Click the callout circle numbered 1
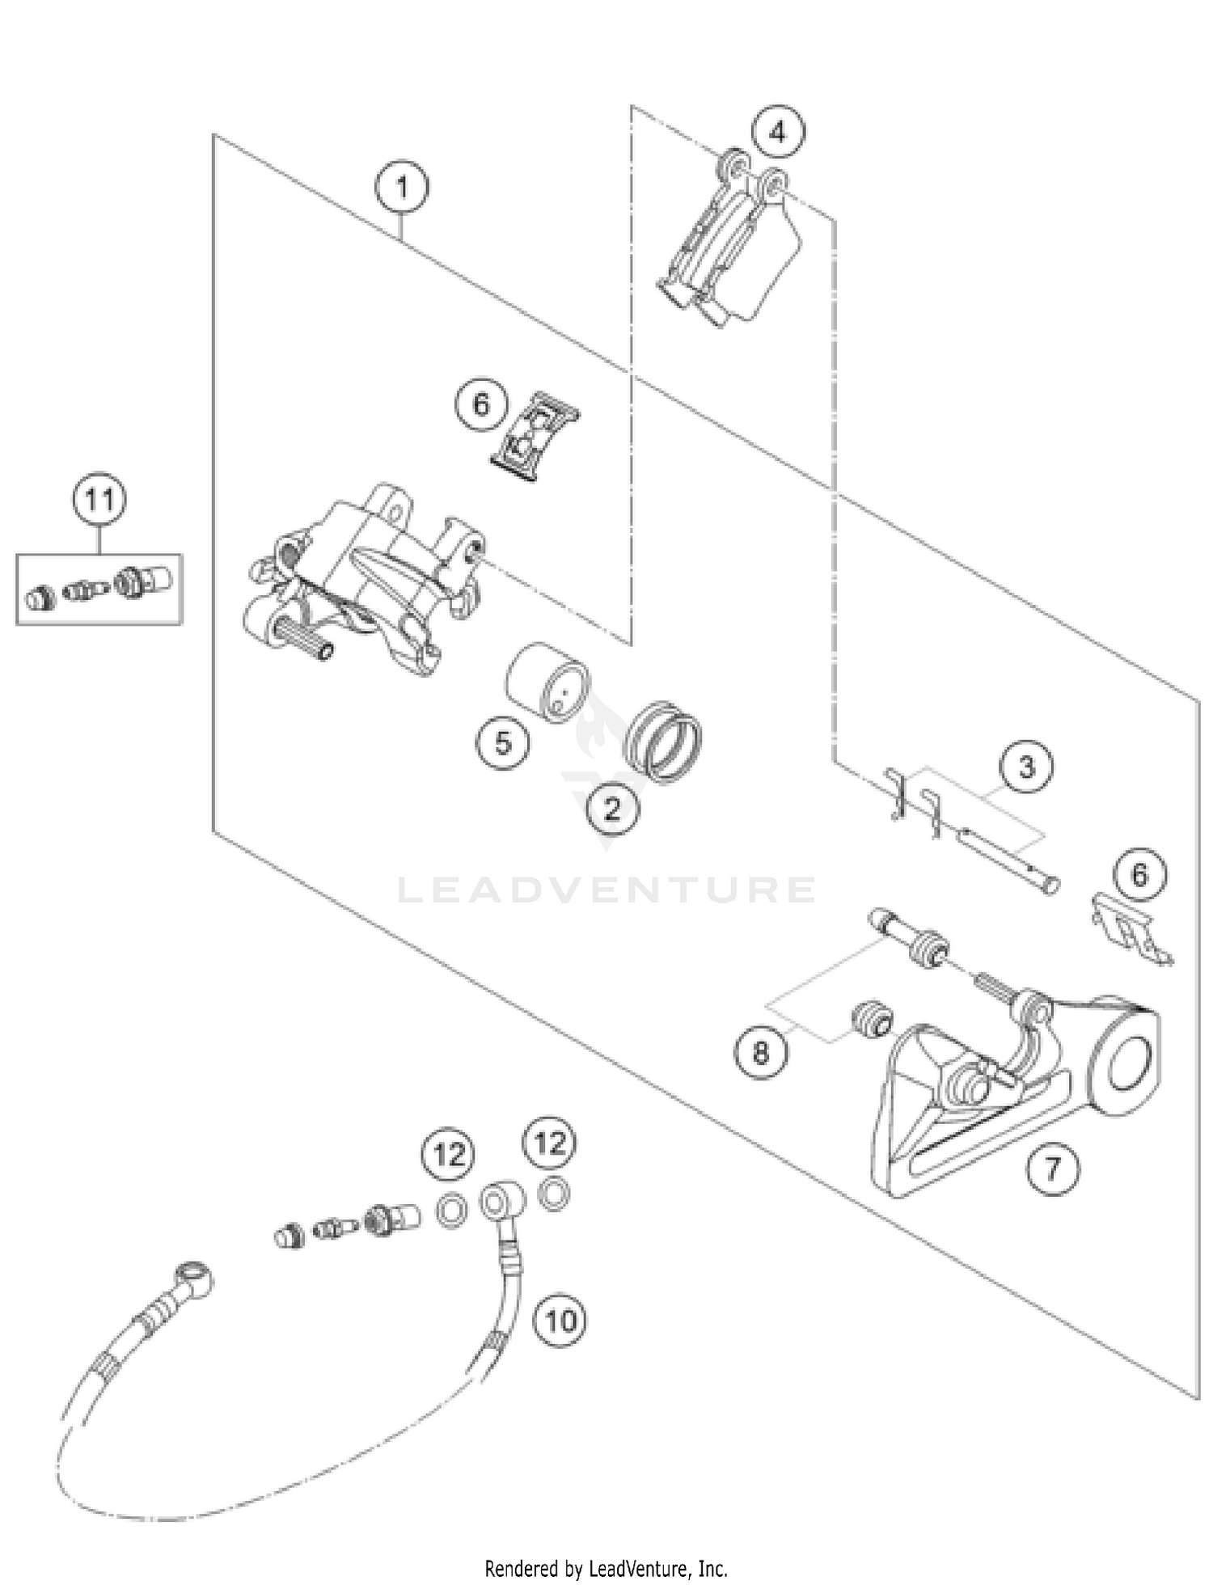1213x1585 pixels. [x=402, y=188]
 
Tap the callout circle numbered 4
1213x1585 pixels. [x=778, y=131]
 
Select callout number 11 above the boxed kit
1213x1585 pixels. [x=99, y=500]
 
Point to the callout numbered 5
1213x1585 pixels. [x=502, y=742]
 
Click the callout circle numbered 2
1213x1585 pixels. [x=612, y=808]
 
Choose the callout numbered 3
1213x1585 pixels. [x=1026, y=766]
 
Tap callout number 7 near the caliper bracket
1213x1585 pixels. [x=1052, y=1169]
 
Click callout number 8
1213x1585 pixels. [x=761, y=1052]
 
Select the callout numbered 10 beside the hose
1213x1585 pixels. [x=560, y=1321]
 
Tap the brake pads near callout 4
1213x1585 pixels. [x=732, y=243]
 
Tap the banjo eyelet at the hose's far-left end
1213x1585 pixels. [x=195, y=1275]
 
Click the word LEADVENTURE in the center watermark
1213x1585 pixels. [x=606, y=890]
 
